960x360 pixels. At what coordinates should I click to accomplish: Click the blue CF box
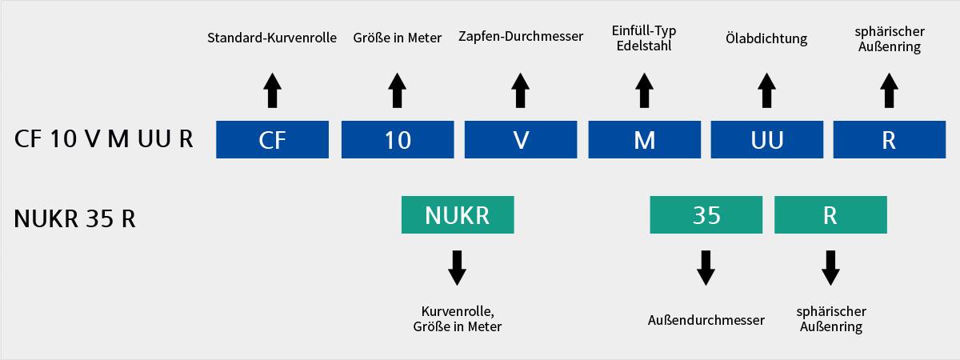coord(272,140)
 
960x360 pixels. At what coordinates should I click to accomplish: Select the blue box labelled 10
coord(398,140)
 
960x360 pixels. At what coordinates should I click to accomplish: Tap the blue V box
coord(521,140)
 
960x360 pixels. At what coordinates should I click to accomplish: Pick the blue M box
coord(645,140)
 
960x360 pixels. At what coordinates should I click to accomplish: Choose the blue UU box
coord(767,140)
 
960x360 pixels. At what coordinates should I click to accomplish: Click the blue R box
coord(890,140)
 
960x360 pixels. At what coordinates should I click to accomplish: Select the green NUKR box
coord(458,214)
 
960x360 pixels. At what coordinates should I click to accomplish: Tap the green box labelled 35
coord(706,214)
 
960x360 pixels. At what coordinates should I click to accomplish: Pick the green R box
coord(830,214)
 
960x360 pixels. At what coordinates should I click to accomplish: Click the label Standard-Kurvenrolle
coord(272,38)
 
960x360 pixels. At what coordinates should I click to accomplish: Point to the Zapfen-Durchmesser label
coord(521,37)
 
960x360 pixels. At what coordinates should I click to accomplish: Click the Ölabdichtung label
coord(766,38)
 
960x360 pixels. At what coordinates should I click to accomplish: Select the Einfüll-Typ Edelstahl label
coord(644,38)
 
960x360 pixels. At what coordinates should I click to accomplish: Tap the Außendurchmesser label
coord(706,320)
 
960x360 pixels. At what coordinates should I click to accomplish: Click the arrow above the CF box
coord(272,90)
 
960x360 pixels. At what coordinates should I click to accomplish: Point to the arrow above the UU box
coord(766,90)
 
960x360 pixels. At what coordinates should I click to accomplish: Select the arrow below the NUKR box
coord(458,268)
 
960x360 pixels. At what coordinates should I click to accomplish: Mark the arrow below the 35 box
coord(706,268)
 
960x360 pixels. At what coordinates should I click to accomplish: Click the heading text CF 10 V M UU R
coord(104,139)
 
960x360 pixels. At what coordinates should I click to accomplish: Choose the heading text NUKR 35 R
coord(74,218)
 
